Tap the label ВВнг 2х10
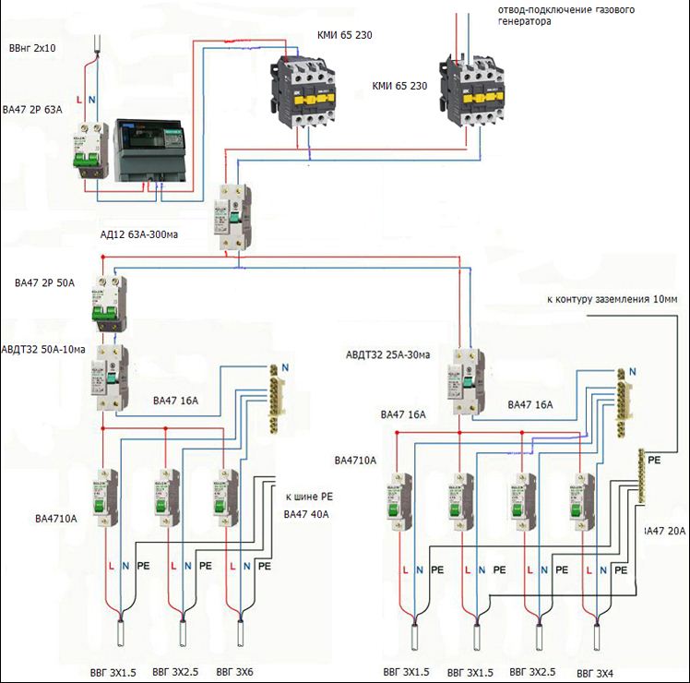pyautogui.click(x=32, y=46)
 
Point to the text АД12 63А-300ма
pyautogui.click(x=138, y=234)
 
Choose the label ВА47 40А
pyautogui.click(x=307, y=514)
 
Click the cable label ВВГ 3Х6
pyautogui.click(x=235, y=672)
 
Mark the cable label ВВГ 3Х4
pyautogui.click(x=596, y=672)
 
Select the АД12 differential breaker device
pyautogui.click(x=232, y=216)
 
